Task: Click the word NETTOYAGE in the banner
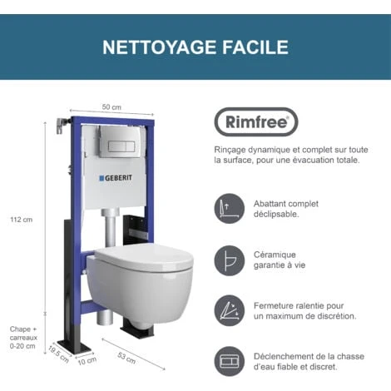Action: point(159,47)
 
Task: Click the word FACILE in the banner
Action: point(255,47)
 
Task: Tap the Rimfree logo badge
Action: point(256,122)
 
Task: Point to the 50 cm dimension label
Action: point(111,107)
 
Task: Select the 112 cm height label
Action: point(22,220)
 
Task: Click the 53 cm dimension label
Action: point(126,358)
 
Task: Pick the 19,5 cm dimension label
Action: point(58,354)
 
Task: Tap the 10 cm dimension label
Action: point(87,361)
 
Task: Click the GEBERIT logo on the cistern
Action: point(116,178)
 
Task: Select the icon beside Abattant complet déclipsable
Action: point(230,209)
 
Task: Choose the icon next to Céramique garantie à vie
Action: point(230,260)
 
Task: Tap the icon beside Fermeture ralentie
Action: point(230,310)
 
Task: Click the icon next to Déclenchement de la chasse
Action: point(230,361)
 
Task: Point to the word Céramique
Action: point(275,255)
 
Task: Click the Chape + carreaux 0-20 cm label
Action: point(23,338)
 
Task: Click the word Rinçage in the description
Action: point(230,151)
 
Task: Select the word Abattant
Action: point(270,204)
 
